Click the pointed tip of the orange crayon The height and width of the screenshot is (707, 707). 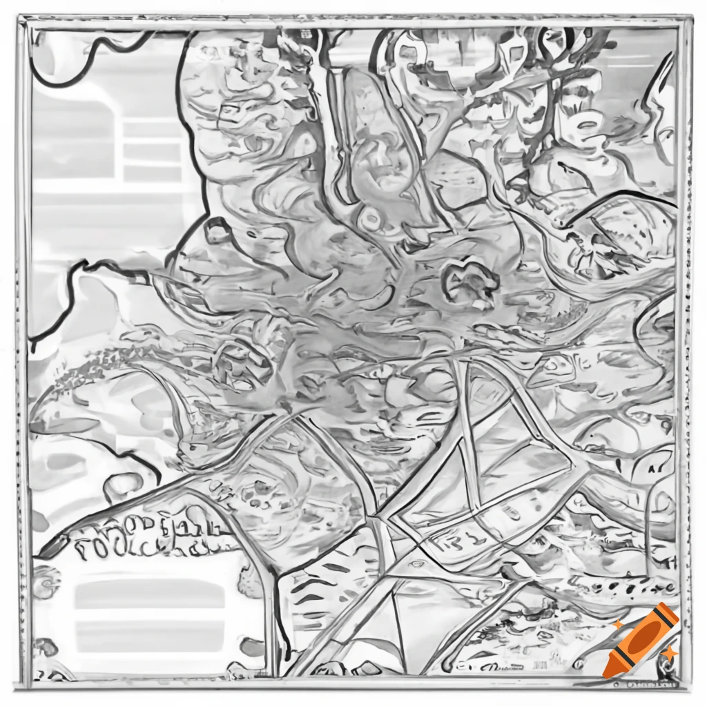[x=608, y=672]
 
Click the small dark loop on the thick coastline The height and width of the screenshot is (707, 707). [x=217, y=231]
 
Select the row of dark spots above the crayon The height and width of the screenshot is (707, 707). [x=621, y=587]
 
